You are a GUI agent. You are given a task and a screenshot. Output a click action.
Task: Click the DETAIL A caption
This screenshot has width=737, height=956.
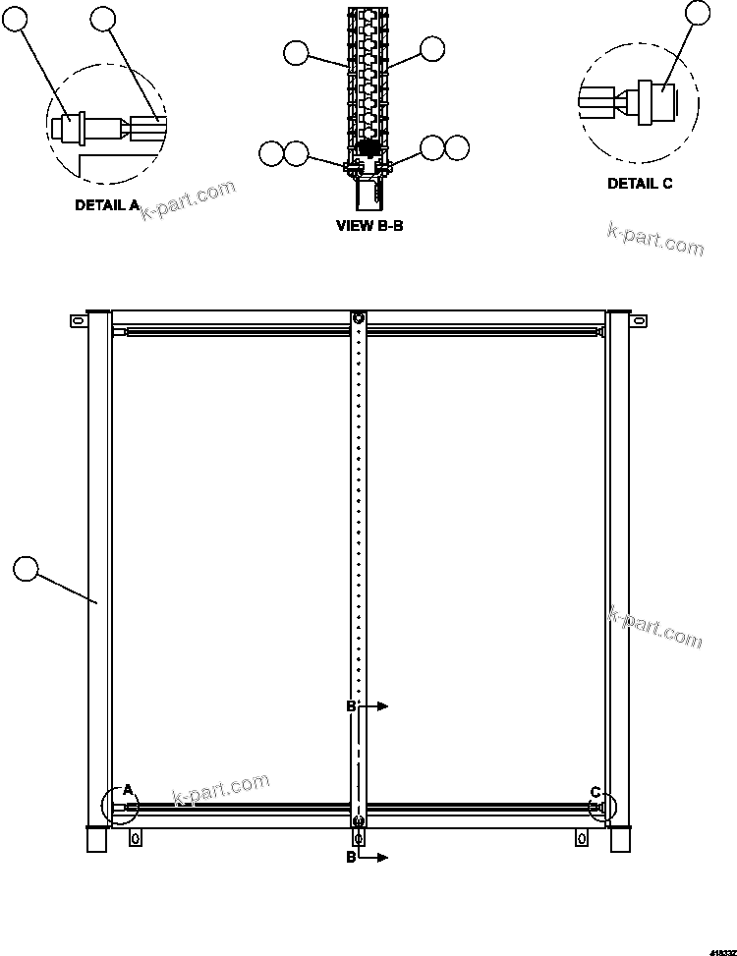point(107,205)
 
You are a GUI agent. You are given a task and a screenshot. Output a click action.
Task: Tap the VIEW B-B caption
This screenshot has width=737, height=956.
point(369,226)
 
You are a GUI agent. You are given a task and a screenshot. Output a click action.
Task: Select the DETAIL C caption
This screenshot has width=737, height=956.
point(640,184)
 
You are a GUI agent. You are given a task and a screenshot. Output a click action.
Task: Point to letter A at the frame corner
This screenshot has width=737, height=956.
point(126,790)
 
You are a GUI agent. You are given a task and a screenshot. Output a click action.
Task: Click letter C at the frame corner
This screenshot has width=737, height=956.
point(595,791)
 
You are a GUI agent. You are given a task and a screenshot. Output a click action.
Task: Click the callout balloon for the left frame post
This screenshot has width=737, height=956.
point(26,567)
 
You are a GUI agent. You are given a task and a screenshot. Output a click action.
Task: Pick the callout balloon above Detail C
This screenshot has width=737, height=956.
point(697,12)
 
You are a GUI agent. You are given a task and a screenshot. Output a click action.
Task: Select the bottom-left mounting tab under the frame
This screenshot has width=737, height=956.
point(136,837)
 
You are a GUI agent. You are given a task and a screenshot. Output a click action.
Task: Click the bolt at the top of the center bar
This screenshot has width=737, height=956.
point(359,319)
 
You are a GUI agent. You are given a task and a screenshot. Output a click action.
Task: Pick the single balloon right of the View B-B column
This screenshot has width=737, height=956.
point(431,48)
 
